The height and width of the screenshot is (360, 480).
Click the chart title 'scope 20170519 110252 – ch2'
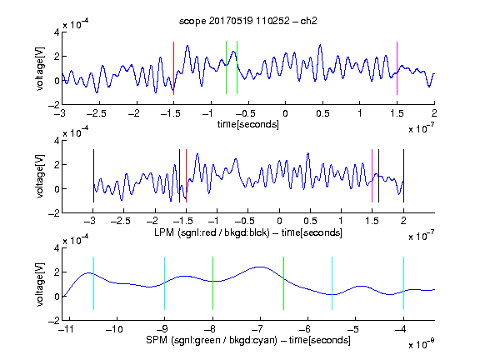point(248,21)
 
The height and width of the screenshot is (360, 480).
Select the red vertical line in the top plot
point(173,68)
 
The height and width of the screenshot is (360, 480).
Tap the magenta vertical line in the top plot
point(397,68)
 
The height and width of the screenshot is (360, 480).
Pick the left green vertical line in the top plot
point(226,67)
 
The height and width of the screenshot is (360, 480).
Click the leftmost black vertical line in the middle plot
point(93,176)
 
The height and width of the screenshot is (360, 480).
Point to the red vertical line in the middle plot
point(186,176)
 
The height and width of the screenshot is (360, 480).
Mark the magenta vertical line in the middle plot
point(372,176)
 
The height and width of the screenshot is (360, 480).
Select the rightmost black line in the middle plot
point(403,176)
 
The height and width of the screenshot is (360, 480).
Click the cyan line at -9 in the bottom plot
point(165,283)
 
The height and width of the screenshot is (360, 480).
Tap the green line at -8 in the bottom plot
point(212,283)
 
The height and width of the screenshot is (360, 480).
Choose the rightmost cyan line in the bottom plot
point(403,283)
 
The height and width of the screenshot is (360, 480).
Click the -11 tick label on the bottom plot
point(66,329)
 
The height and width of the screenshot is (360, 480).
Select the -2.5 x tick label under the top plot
point(97,113)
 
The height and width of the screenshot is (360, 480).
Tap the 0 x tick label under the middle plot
point(279,221)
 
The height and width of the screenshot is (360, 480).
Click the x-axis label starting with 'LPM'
point(248,232)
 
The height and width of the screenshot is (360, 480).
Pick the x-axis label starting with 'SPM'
point(248,340)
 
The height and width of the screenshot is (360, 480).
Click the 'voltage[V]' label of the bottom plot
point(40,284)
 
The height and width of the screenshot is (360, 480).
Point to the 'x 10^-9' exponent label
point(421,344)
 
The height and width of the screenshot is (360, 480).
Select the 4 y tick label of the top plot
point(57,32)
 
